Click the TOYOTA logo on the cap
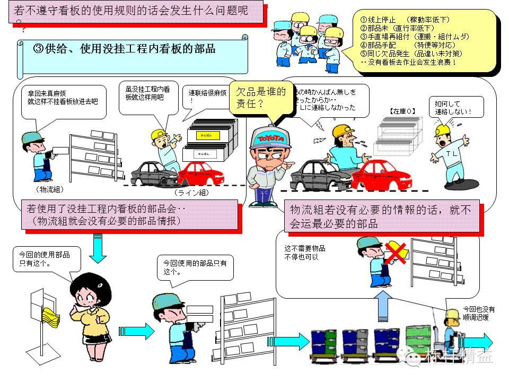(x=271, y=138)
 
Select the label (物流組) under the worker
(x=49, y=189)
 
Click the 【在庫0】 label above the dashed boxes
(x=403, y=111)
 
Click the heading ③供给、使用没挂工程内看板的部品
(x=125, y=49)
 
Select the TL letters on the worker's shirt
(x=451, y=153)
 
